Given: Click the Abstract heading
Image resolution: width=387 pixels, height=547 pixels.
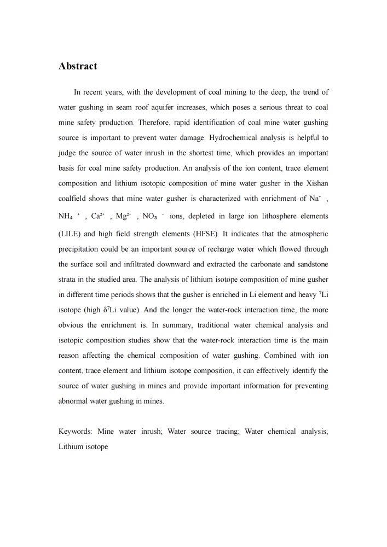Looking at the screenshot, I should pyautogui.click(x=78, y=66).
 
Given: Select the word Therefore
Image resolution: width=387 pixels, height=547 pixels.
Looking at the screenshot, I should pyautogui.click(x=155, y=123).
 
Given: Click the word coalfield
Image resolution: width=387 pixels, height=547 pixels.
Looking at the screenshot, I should pyautogui.click(x=75, y=199).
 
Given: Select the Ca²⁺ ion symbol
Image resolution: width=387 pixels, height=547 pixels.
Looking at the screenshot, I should pyautogui.click(x=99, y=217).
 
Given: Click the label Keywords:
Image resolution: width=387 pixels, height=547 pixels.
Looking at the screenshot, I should pyautogui.click(x=76, y=432).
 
